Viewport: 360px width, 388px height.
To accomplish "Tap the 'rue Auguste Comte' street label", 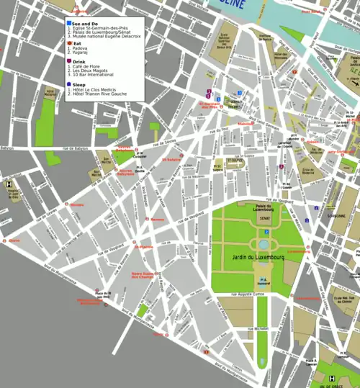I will point(248,295).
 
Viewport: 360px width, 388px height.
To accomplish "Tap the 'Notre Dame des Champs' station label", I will point(146,275).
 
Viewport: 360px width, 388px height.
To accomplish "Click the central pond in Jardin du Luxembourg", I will point(264,245).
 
